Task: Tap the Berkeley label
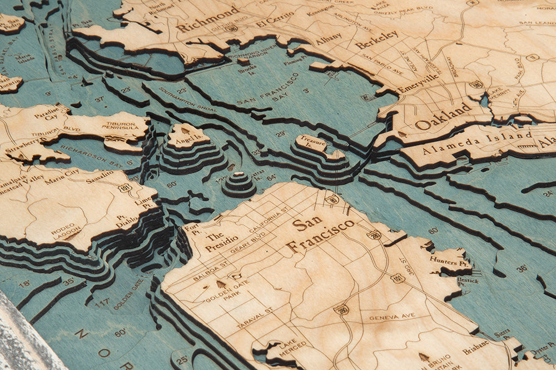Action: (x=377, y=39)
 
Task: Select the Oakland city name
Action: (x=443, y=116)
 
